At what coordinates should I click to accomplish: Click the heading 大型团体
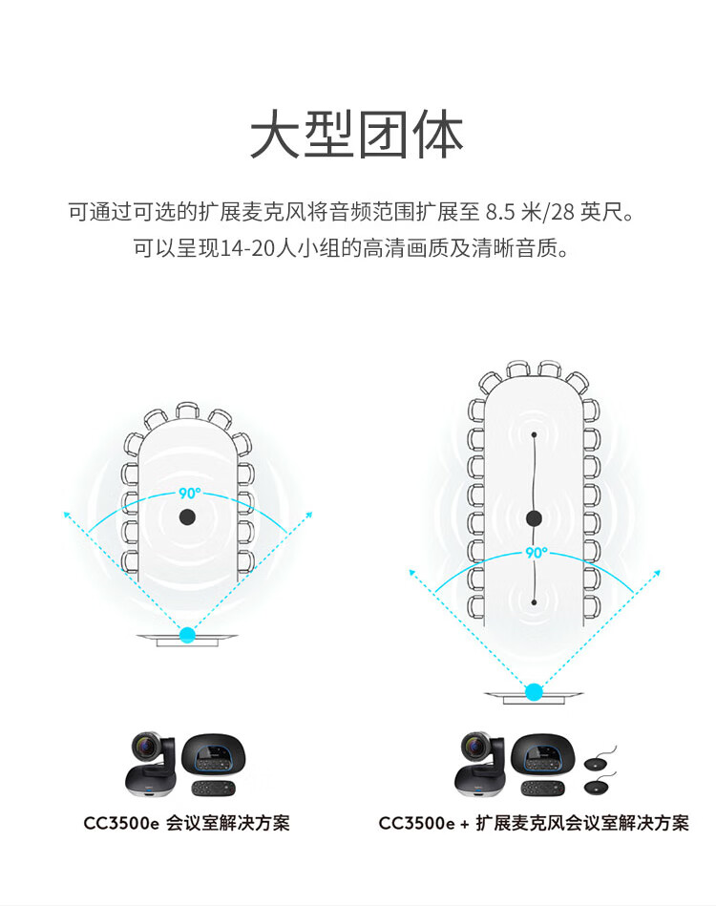357,135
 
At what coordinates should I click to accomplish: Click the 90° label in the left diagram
190,494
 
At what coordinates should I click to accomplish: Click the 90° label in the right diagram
537,553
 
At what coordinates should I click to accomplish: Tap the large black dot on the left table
187,516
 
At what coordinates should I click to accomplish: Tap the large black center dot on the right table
534,518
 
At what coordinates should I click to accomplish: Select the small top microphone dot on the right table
534,434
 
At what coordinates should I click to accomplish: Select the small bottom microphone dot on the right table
534,602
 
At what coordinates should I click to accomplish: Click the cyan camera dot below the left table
187,635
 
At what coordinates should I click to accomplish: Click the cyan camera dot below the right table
534,691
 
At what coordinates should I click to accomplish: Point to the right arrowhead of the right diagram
657,573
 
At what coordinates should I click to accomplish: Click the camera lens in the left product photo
145,748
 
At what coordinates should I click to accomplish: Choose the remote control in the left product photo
213,789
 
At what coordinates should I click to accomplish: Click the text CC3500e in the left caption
121,823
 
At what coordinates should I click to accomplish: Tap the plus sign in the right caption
465,824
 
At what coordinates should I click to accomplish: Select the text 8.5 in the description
500,212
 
